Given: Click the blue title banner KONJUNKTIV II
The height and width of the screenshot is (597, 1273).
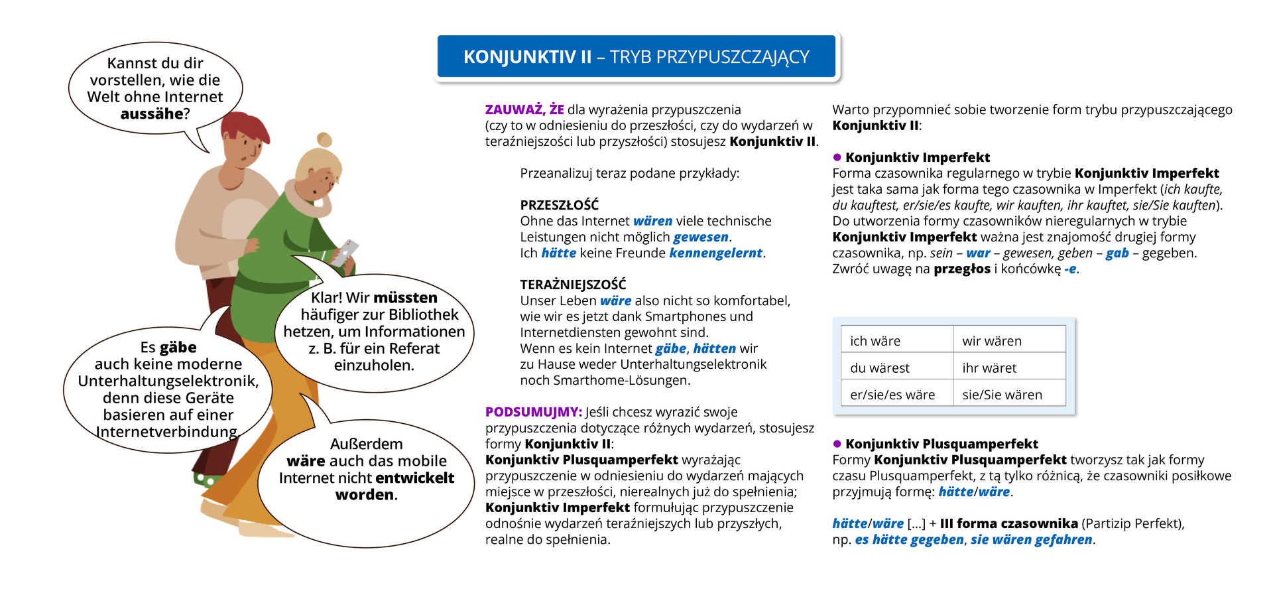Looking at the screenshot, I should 636,57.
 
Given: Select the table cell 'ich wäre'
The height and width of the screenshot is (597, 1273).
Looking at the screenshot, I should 875,341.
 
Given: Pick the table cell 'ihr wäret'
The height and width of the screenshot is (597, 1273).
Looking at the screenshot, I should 989,368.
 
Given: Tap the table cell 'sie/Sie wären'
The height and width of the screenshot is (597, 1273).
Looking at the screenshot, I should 1002,395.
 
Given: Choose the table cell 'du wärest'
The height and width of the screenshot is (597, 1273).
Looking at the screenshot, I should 880,368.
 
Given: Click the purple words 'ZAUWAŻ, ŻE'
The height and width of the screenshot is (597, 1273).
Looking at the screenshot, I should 524,109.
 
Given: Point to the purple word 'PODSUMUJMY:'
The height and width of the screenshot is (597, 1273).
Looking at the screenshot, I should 533,412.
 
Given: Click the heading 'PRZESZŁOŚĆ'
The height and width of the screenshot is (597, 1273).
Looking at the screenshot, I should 559,205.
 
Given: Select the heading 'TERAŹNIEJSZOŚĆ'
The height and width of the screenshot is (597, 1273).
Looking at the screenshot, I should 573,285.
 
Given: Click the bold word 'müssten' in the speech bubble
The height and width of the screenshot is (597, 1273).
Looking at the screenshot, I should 406,298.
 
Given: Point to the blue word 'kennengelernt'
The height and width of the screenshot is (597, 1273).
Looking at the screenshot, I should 715,253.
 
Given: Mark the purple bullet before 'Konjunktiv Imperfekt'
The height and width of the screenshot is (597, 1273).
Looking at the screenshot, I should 837,157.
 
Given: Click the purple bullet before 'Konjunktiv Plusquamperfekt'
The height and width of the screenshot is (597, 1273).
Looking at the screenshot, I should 837,444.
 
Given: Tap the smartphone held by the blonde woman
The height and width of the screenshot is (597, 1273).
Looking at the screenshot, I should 345,253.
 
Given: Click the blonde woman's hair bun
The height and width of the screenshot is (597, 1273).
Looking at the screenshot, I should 324,139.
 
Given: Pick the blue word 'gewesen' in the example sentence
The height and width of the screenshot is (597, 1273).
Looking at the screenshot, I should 701,237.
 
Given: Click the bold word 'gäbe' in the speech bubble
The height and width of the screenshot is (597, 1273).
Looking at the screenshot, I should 178,348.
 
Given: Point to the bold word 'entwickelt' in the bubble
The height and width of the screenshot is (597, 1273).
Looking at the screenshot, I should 412,478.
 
